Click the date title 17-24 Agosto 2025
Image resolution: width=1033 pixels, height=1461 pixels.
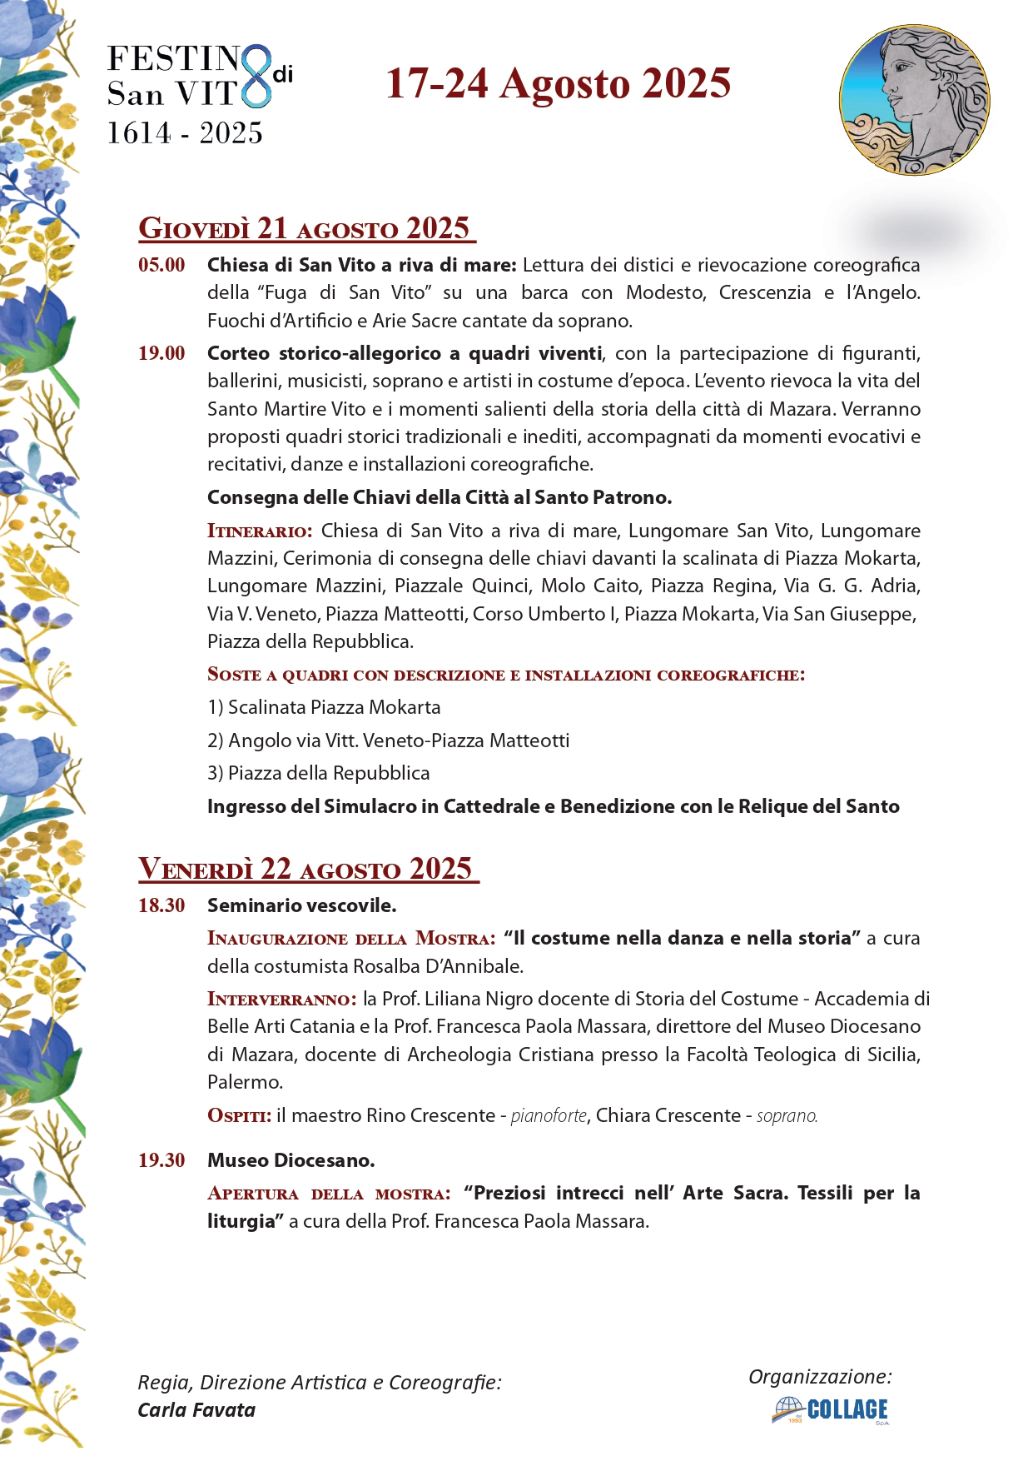(558, 84)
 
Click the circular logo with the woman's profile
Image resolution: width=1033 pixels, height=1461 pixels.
(914, 100)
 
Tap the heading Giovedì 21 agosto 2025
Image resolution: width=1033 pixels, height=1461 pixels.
(305, 228)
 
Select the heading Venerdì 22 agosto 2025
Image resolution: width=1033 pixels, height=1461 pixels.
(308, 869)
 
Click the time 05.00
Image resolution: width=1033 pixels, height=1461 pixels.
(161, 266)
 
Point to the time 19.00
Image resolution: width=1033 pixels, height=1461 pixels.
(161, 353)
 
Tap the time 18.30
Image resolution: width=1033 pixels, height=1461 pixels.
(161, 905)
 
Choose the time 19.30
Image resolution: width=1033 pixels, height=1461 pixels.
(161, 1160)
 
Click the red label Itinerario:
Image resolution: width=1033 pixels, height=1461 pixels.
(260, 531)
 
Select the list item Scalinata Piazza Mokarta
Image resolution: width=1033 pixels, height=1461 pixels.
(325, 707)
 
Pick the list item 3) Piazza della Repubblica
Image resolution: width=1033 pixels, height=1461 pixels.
(318, 773)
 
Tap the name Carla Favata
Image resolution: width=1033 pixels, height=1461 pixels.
(196, 1410)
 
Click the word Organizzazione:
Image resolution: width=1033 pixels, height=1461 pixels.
(820, 1376)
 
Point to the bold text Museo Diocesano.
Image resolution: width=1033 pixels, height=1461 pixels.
(291, 1160)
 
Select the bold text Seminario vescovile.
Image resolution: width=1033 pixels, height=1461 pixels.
(301, 905)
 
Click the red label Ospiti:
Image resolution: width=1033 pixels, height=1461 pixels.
(239, 1116)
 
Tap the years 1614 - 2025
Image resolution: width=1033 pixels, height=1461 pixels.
(185, 133)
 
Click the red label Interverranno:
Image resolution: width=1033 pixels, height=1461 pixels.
(281, 999)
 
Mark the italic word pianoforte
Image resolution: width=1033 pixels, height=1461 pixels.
(549, 1116)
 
